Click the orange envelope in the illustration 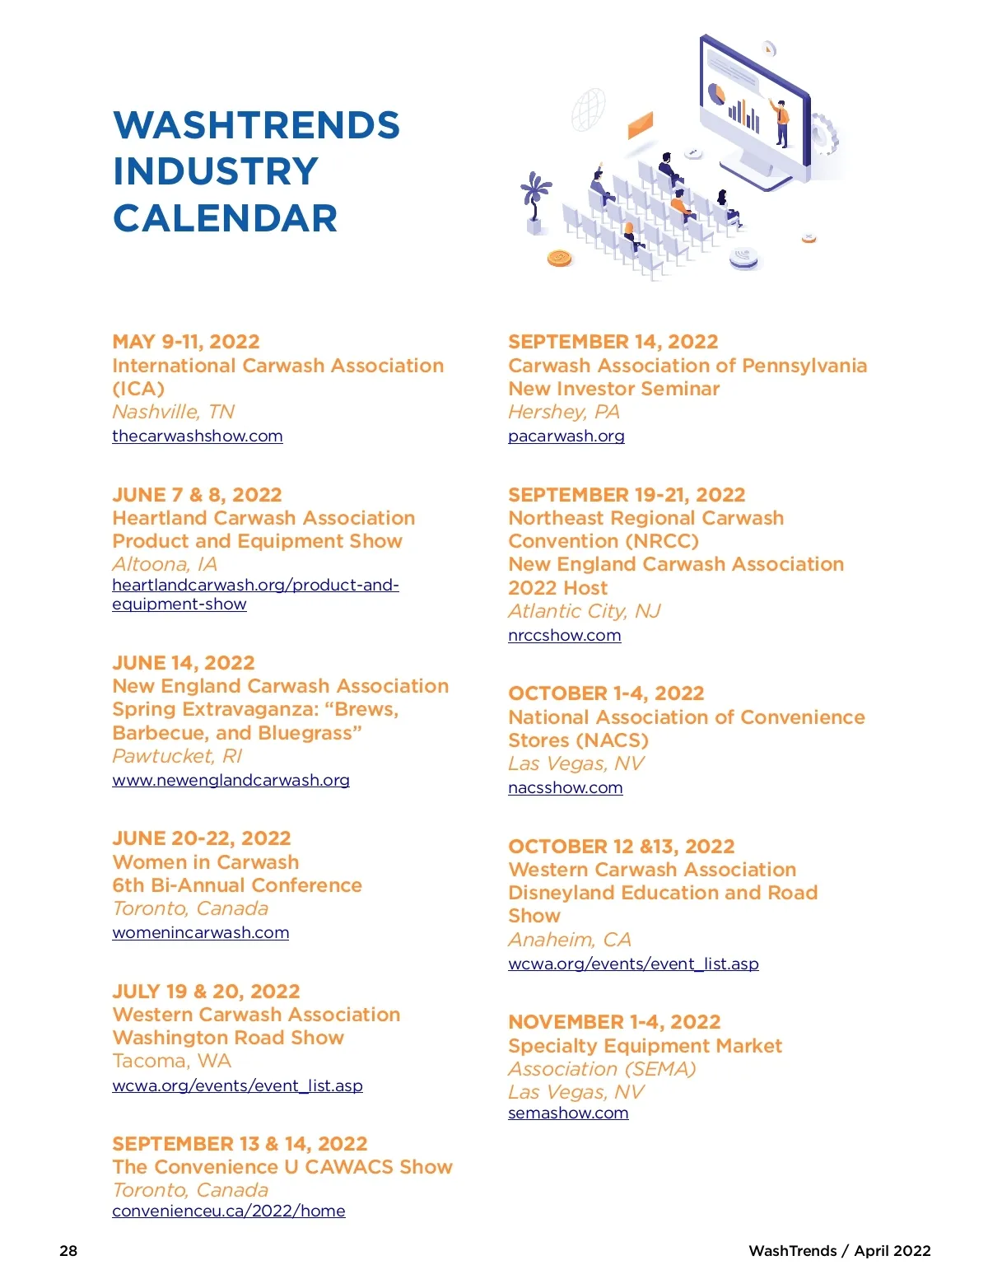click(x=640, y=125)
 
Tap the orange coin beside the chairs click(x=560, y=259)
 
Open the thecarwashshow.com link click(x=198, y=436)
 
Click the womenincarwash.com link click(x=201, y=932)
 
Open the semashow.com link click(x=568, y=1113)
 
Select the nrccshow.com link click(x=565, y=635)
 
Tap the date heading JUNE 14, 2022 click(x=184, y=663)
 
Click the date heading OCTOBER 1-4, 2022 click(x=606, y=693)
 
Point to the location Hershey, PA click(x=564, y=412)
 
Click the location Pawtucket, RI click(x=177, y=756)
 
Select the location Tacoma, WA click(x=172, y=1061)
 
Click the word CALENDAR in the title click(x=226, y=218)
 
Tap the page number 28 click(x=68, y=1250)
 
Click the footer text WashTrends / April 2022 click(x=839, y=1250)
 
